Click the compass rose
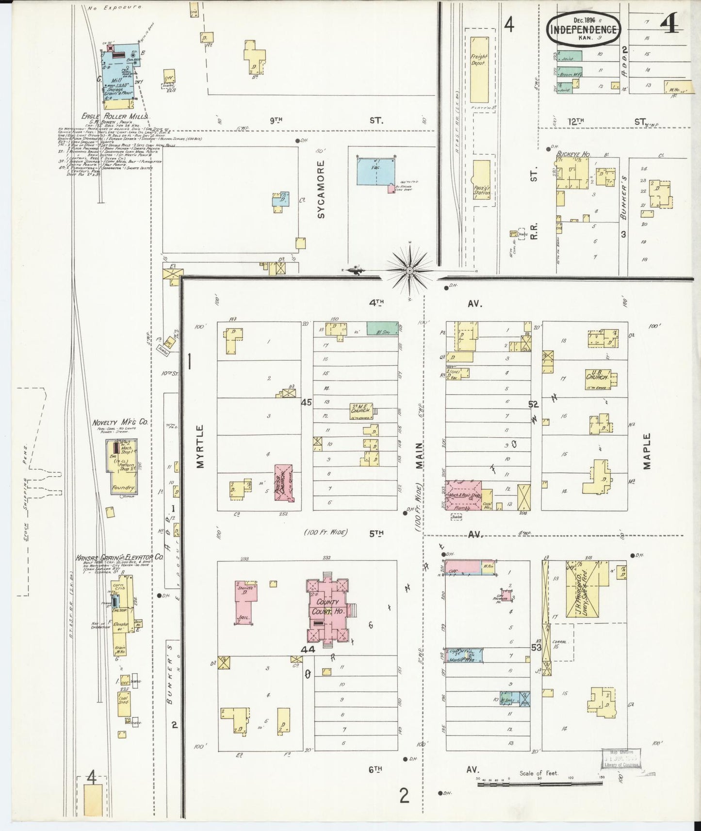(x=410, y=270)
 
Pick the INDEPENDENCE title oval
(x=584, y=30)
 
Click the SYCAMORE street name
(x=321, y=190)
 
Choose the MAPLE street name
(x=647, y=451)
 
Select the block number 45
(x=306, y=402)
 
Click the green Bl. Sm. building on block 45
(x=382, y=328)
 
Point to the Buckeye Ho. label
(x=573, y=154)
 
